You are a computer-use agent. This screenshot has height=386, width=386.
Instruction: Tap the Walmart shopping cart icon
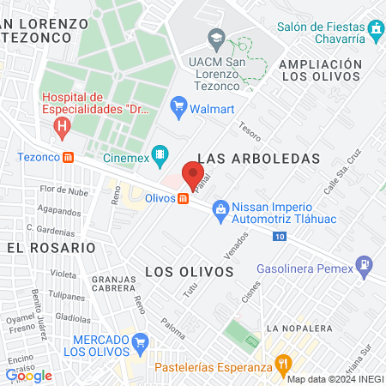[178, 106]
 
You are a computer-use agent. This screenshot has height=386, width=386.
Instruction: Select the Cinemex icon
[159, 155]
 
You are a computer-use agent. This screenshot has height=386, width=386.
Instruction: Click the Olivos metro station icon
[183, 199]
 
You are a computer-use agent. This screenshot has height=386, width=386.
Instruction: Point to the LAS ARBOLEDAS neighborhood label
[258, 159]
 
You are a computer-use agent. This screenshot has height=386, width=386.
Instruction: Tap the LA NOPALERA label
[297, 328]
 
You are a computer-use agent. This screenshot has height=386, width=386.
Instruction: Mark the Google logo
[28, 375]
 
